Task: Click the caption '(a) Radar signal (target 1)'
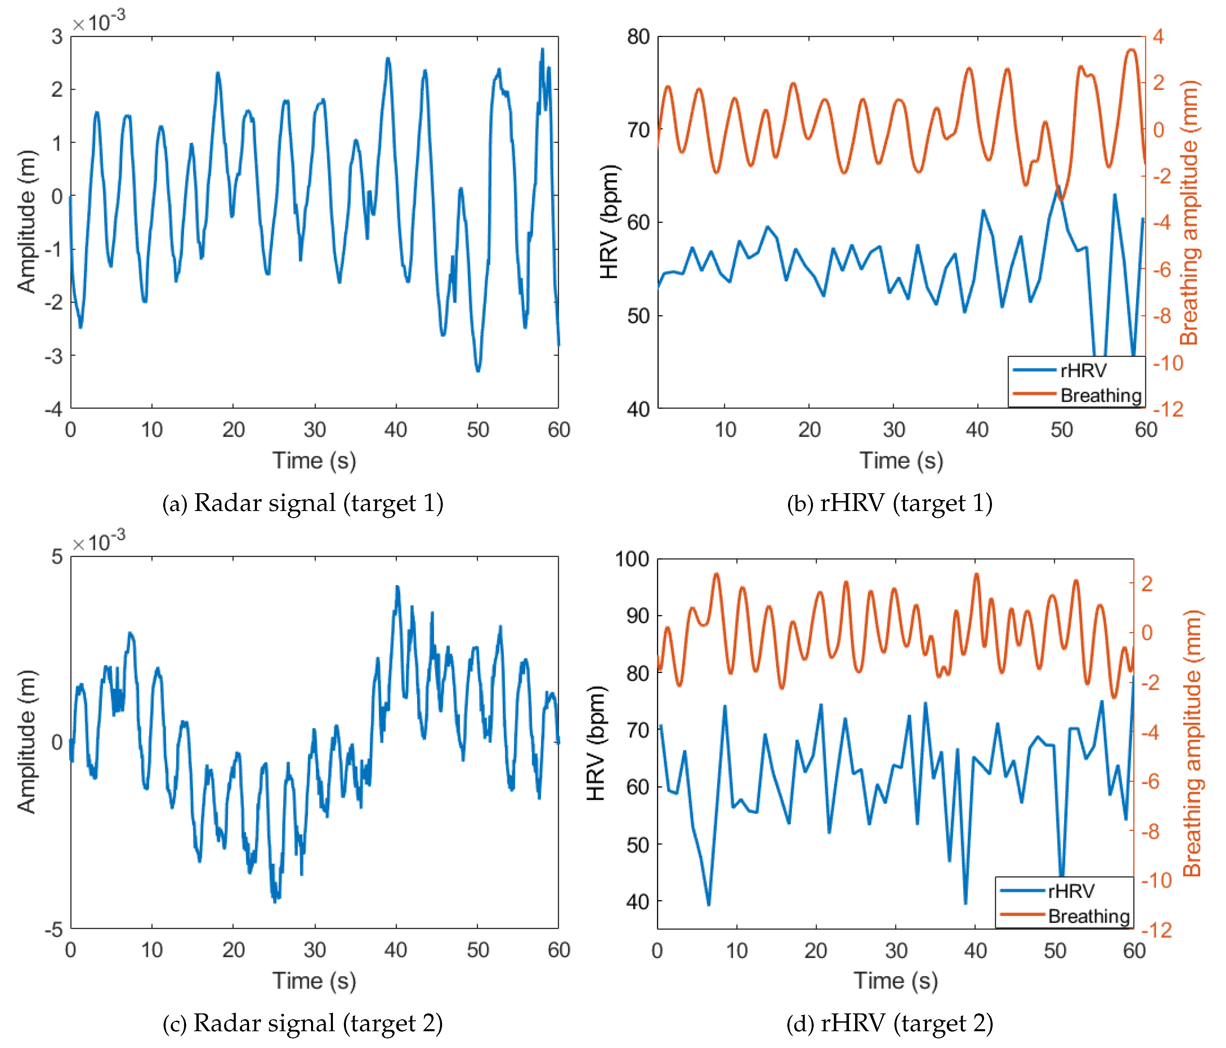302,503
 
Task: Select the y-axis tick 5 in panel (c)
57,557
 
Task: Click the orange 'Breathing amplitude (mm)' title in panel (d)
1192,743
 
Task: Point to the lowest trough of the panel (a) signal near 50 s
478,370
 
